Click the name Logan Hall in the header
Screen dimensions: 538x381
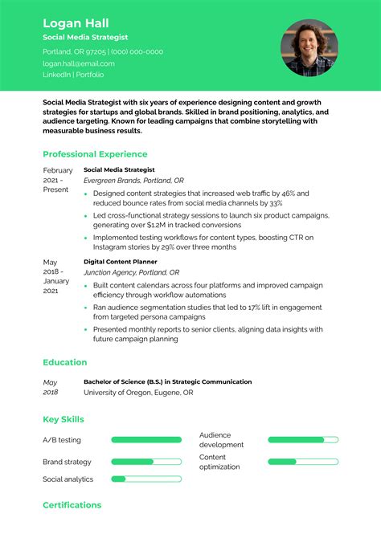click(x=76, y=22)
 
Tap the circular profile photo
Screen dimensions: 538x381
click(x=309, y=47)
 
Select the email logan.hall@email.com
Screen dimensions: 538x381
click(x=79, y=63)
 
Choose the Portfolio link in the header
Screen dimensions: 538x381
click(x=90, y=75)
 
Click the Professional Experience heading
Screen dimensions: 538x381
click(x=95, y=154)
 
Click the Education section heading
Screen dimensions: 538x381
click(x=65, y=362)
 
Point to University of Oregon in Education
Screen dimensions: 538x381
click(x=114, y=393)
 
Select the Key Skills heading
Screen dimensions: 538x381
click(x=63, y=419)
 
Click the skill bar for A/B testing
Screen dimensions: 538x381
click(x=145, y=440)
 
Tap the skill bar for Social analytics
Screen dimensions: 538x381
click(x=145, y=479)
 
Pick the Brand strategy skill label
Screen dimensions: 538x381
click(x=67, y=462)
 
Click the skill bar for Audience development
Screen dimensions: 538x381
click(x=302, y=440)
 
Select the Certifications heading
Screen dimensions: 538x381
click(x=72, y=505)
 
